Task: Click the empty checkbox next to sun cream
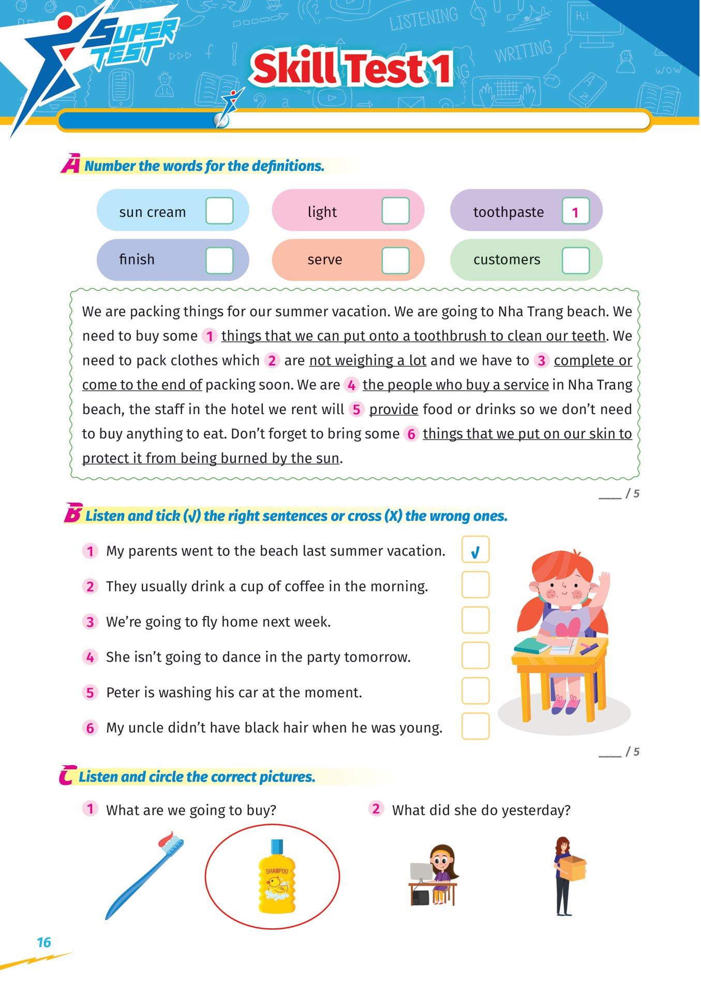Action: [x=219, y=211]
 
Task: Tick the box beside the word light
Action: [x=395, y=211]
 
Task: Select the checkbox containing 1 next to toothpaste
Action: [x=575, y=211]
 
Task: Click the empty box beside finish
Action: [x=219, y=260]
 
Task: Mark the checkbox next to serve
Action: [x=395, y=260]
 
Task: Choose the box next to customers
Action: [x=575, y=260]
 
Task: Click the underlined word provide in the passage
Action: [x=393, y=409]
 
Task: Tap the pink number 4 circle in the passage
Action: [x=352, y=385]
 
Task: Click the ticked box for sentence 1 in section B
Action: [x=475, y=550]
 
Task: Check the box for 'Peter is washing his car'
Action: [x=475, y=691]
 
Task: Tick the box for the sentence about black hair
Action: [x=475, y=726]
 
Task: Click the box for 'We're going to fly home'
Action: [x=475, y=620]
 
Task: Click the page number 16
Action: [x=44, y=942]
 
